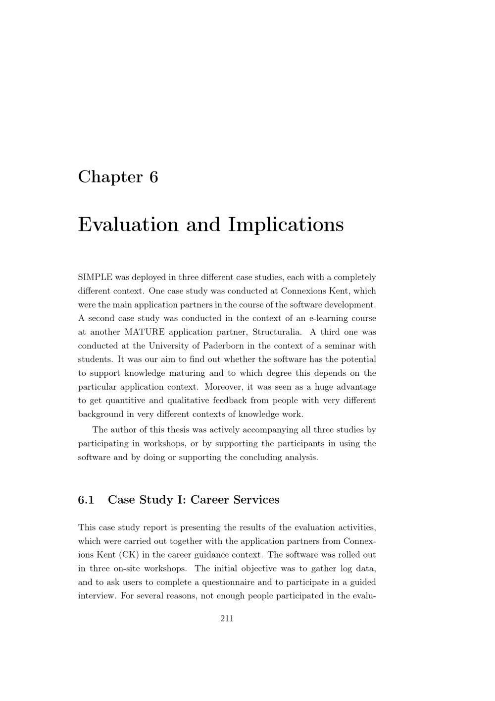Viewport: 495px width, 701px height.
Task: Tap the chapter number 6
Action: [153, 177]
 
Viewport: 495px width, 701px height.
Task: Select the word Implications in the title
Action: [286, 225]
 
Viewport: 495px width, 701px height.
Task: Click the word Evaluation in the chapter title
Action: [128, 225]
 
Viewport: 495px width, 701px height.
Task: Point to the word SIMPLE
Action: [95, 277]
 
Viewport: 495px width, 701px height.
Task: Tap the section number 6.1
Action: [86, 500]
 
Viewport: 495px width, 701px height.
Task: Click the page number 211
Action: [227, 619]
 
